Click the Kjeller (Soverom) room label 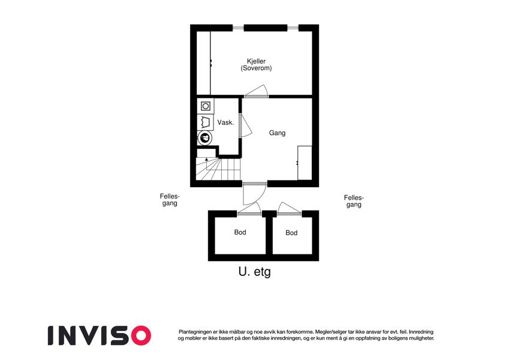click(x=256, y=65)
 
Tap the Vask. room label click(x=225, y=122)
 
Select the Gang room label click(x=277, y=133)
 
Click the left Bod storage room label click(x=240, y=232)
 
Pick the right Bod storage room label click(x=291, y=233)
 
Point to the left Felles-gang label click(x=170, y=200)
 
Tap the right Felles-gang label click(x=354, y=202)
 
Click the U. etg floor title click(x=254, y=272)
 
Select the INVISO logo click(x=100, y=335)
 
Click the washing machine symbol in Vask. click(x=206, y=106)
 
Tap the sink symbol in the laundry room click(x=205, y=122)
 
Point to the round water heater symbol click(x=205, y=138)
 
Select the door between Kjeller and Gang click(x=257, y=91)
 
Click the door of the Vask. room click(x=245, y=125)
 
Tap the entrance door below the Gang click(x=254, y=194)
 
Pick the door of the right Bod click(x=289, y=208)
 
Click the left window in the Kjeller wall click(x=238, y=28)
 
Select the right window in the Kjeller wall click(x=293, y=28)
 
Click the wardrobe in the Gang click(x=305, y=163)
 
